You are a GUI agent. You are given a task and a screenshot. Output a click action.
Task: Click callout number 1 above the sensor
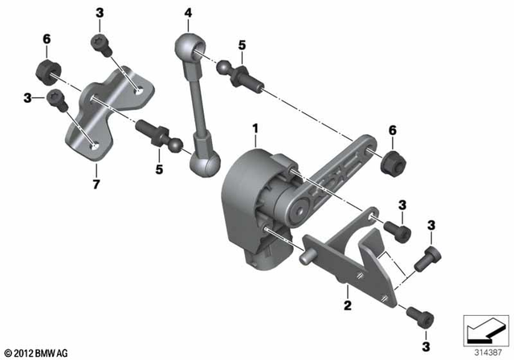(255, 129)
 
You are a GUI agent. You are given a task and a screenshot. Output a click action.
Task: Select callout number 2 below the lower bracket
(346, 305)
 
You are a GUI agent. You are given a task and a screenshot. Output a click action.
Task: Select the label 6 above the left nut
(46, 39)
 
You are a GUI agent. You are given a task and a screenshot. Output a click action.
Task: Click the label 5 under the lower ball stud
(159, 170)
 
